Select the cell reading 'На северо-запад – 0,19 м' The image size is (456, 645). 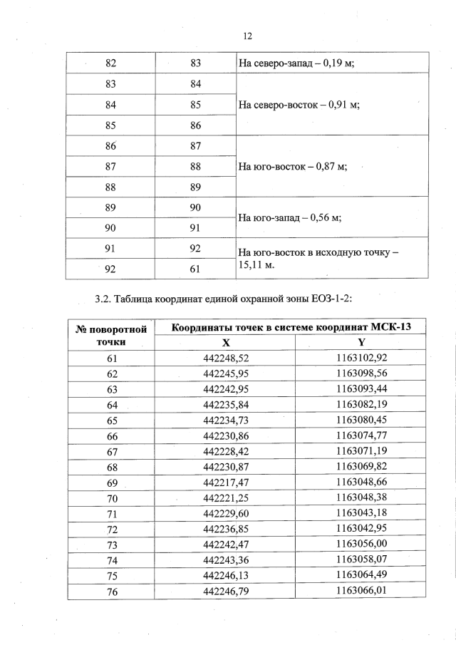(x=296, y=63)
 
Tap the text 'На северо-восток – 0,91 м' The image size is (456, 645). (x=299, y=105)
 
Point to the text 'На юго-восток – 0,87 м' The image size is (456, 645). (x=292, y=167)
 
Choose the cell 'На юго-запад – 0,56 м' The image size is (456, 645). (x=289, y=218)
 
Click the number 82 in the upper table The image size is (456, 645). (x=111, y=63)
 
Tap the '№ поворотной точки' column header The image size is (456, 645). (x=111, y=335)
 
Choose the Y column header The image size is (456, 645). (x=361, y=343)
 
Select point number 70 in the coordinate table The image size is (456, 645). (x=111, y=497)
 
